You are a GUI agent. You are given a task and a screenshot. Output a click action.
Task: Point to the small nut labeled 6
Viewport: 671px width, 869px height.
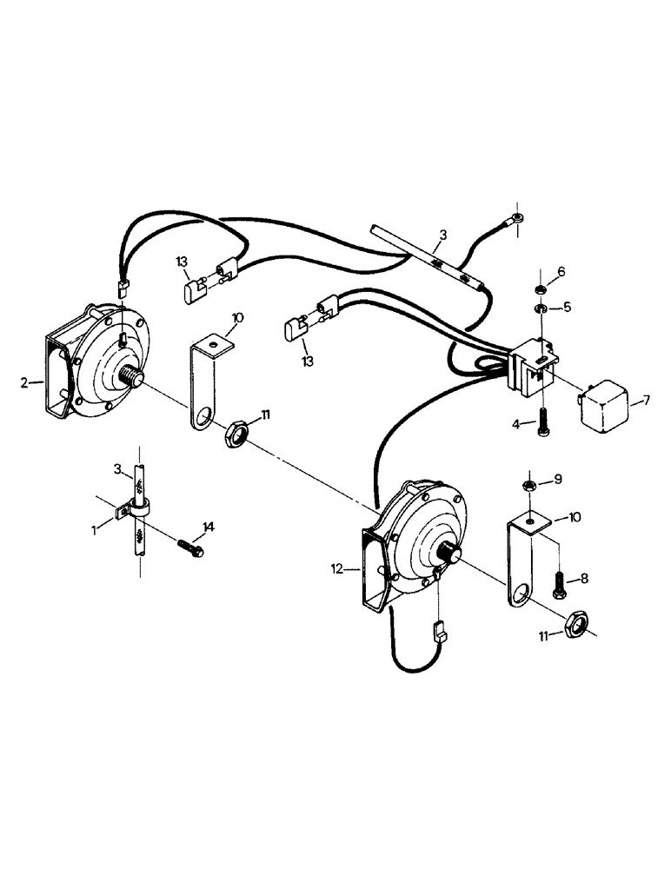(x=538, y=288)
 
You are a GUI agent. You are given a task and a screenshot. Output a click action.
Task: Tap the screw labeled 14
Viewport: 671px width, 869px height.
(x=190, y=547)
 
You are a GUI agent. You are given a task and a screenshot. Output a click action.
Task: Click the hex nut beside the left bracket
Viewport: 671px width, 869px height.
(x=236, y=432)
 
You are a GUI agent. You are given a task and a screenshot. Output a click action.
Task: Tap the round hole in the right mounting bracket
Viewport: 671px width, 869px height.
(x=523, y=596)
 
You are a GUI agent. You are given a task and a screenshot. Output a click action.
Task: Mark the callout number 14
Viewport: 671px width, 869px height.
(x=208, y=527)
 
